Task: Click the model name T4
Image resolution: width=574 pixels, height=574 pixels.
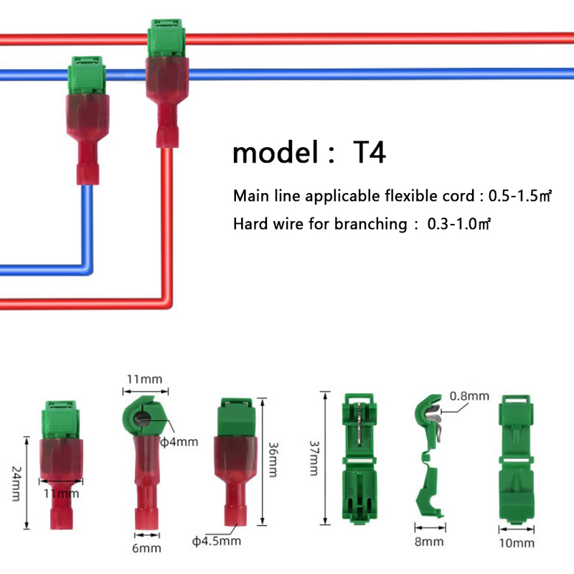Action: click(370, 153)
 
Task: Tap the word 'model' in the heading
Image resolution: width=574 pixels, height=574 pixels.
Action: click(276, 153)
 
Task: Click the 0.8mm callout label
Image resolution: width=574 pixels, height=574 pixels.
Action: click(469, 395)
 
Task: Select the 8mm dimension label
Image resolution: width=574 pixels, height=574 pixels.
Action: click(430, 542)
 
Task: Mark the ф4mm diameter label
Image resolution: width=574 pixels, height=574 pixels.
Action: click(179, 442)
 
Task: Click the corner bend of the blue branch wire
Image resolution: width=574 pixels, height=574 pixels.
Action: click(85, 268)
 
